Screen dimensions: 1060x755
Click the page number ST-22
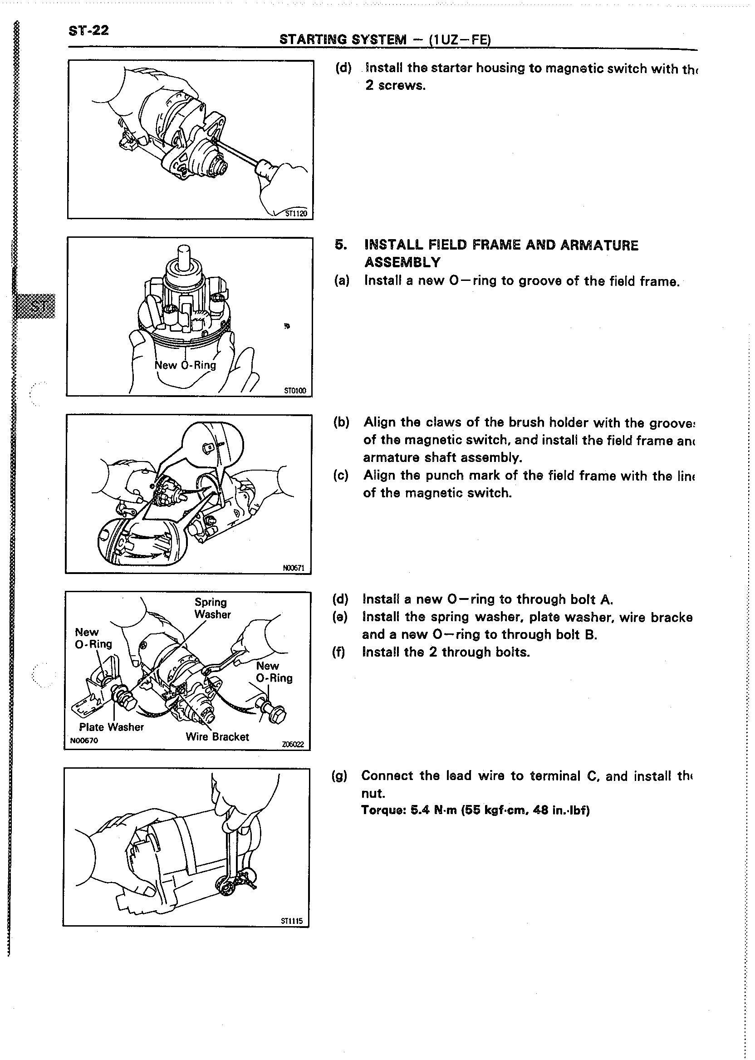[x=88, y=31]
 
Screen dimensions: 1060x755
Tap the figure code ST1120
[x=296, y=213]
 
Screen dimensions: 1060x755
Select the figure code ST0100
[x=295, y=391]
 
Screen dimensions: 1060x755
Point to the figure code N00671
[x=294, y=568]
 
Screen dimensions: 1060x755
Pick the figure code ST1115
[x=291, y=921]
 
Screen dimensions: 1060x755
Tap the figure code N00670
[x=83, y=741]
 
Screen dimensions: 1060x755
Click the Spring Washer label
[x=212, y=608]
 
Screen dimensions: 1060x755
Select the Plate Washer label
[x=111, y=727]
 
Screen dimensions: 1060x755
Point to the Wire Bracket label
[x=217, y=737]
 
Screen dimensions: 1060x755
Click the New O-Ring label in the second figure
[x=185, y=365]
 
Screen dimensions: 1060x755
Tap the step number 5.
[x=341, y=245]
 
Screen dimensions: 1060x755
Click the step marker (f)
[x=338, y=652]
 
